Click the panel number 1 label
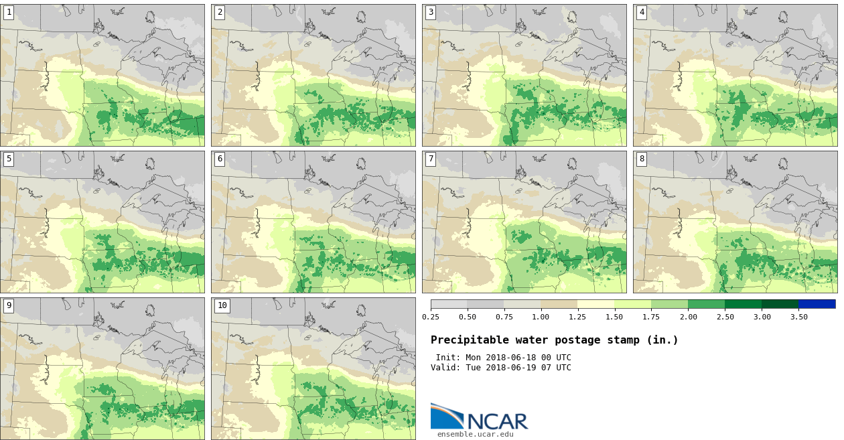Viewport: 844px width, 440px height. [9, 12]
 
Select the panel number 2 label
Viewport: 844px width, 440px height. [220, 12]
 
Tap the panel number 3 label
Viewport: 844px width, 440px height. [431, 12]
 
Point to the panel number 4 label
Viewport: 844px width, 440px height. [642, 12]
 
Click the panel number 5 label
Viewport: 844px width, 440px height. [9, 159]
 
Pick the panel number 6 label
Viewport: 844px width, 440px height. [220, 159]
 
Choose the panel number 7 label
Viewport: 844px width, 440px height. [431, 159]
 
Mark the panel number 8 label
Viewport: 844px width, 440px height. [642, 159]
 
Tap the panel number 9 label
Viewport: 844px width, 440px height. [9, 305]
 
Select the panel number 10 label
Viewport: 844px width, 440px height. [222, 305]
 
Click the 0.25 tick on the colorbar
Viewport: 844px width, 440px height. [431, 317]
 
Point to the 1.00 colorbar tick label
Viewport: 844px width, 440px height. [541, 317]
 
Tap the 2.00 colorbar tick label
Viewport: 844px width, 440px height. [688, 317]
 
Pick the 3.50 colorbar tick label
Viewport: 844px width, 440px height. [798, 317]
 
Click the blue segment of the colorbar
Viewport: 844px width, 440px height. [817, 304]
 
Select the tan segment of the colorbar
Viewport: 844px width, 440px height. [559, 304]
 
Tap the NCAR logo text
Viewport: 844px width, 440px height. [497, 421]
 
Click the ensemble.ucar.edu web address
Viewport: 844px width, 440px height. [476, 434]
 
